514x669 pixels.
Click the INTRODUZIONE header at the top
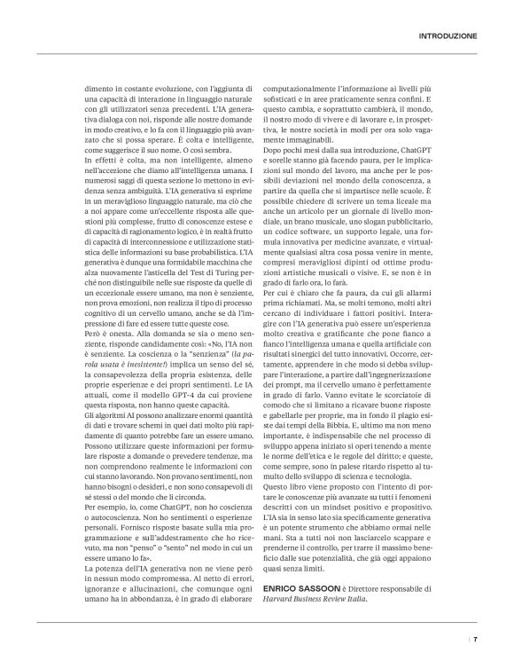pyautogui.click(x=447, y=37)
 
